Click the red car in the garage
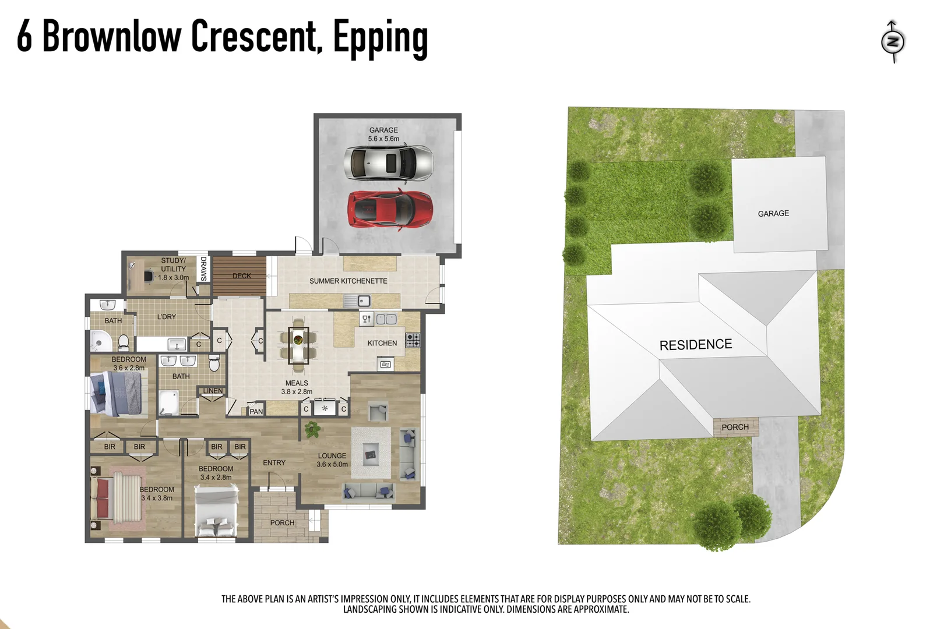tap(390, 209)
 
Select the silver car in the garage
tap(388, 162)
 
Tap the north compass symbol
tap(892, 41)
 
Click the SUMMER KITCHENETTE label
tap(348, 281)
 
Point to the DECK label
tap(241, 276)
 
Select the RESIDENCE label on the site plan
tap(695, 345)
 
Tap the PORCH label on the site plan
tap(735, 427)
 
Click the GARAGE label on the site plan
tap(773, 214)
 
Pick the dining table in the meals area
tap(298, 345)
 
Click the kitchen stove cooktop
tap(413, 340)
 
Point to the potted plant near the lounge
tap(312, 430)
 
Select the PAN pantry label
tap(256, 411)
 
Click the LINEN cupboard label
tap(213, 391)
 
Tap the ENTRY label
tap(274, 462)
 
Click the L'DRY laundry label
tap(166, 317)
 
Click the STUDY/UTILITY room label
tap(173, 268)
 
